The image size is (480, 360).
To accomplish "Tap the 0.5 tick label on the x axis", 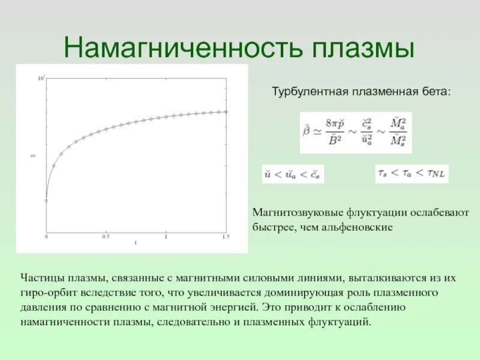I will tap(106, 237).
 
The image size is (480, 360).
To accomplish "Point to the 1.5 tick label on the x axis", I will tap(226, 237).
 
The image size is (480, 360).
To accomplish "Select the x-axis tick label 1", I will tap(166, 237).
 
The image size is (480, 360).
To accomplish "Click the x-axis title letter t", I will tap(136, 242).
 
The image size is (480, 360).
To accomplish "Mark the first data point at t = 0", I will tap(46, 200).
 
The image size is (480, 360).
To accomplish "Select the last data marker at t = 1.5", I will tap(226, 112).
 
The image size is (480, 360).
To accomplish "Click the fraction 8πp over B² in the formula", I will tap(337, 131).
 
